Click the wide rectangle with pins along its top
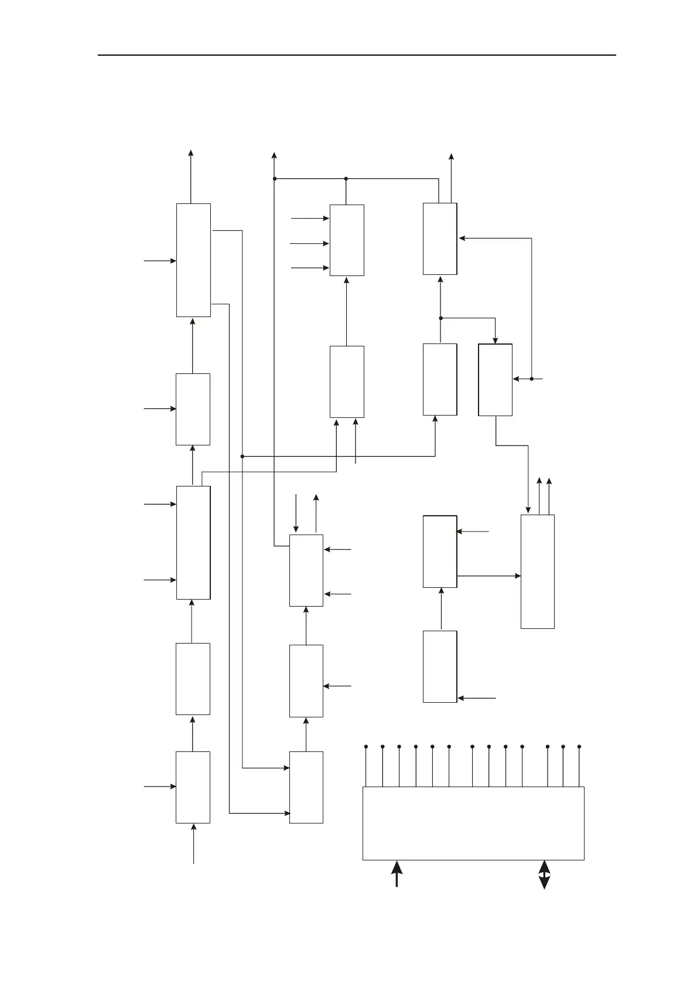(x=473, y=823)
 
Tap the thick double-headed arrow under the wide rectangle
(x=544, y=874)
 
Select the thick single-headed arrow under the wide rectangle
(x=397, y=873)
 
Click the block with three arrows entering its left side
(x=347, y=240)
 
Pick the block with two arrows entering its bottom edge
(x=347, y=382)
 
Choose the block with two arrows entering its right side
(x=306, y=570)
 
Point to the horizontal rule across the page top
(x=357, y=55)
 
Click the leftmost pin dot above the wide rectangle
(x=366, y=747)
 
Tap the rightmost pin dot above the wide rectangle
(x=579, y=747)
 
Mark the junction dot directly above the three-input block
(x=346, y=178)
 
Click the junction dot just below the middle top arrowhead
(x=274, y=178)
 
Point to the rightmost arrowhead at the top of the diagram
(x=451, y=156)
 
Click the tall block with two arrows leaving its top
(x=538, y=571)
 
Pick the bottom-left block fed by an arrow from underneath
(x=193, y=787)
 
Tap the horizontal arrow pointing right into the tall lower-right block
(x=489, y=576)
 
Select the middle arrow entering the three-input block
(x=310, y=243)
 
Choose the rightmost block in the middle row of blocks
(x=496, y=380)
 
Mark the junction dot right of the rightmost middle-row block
(x=532, y=379)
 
